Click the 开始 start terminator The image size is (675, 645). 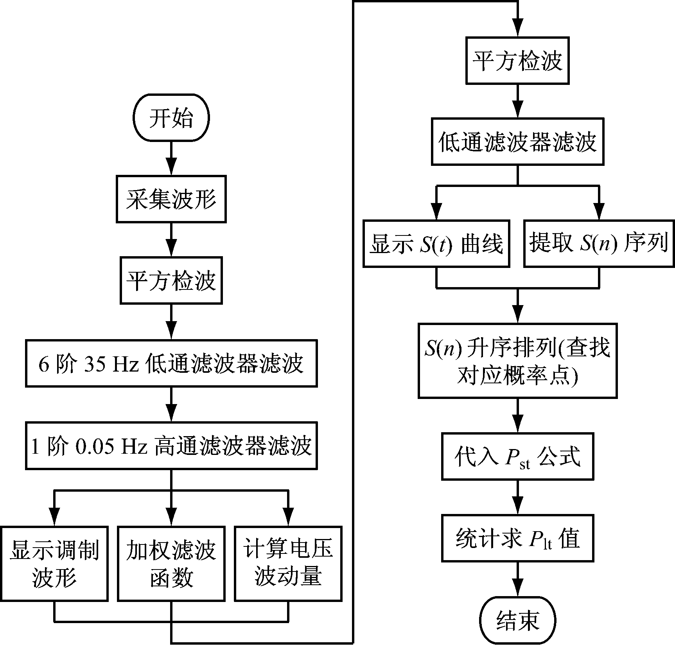pos(171,117)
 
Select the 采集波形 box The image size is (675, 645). pos(171,199)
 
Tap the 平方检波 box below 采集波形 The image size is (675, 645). pos(171,280)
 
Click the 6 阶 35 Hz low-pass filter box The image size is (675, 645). pos(171,363)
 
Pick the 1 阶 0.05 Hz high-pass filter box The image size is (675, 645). pos(171,446)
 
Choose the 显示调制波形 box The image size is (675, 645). pos(54,563)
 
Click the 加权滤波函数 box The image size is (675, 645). pos(171,563)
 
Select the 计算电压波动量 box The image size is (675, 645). pos(288,563)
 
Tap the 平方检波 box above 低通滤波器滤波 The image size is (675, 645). pos(517,61)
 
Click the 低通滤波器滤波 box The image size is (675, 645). pos(517,142)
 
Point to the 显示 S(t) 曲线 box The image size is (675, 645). pos(436,244)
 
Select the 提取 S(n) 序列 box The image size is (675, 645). pos(599,244)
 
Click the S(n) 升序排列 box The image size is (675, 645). pos(517,361)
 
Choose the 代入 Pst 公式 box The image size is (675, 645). pos(517,456)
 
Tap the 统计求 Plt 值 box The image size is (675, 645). pos(517,539)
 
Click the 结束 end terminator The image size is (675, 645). pos(517,620)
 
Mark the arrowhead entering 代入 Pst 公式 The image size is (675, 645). pos(517,426)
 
